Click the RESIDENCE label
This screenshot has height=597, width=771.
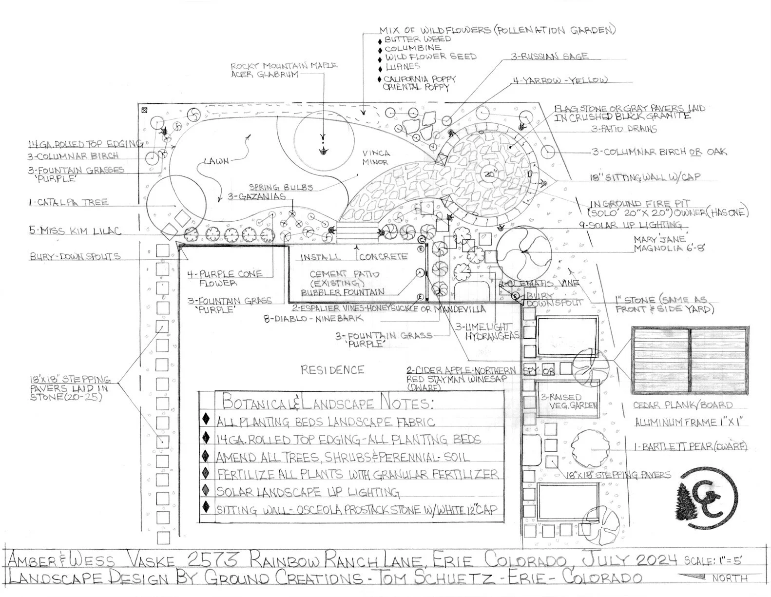332,370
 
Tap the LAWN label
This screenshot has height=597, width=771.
216,161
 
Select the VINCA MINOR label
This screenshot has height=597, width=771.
376,157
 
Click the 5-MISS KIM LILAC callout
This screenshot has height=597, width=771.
75,231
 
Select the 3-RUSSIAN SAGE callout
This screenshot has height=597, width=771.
549,57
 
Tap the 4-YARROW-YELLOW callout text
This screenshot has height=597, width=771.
559,80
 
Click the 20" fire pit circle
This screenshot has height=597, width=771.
490,173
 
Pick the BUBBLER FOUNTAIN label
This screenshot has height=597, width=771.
342,292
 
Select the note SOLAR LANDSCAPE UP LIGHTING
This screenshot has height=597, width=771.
308,491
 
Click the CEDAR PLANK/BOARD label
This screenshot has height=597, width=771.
682,405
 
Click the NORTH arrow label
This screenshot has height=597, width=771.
730,578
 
